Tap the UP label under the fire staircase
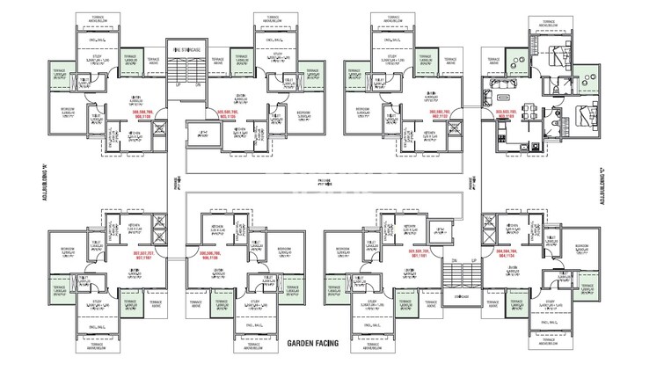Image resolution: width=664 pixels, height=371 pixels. pos(178,84)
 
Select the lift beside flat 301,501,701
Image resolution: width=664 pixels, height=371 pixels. pos(437,232)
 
